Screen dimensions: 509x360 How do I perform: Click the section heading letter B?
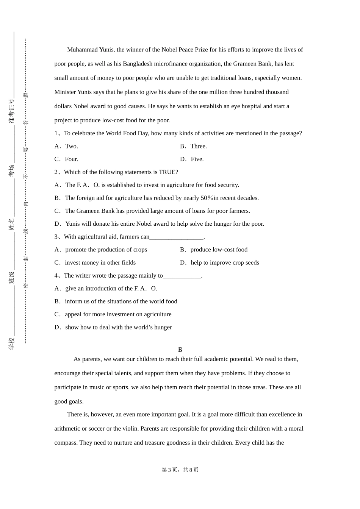tap(180, 350)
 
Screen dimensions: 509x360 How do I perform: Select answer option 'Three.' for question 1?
tap(198, 146)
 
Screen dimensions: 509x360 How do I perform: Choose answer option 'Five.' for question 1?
tap(197, 159)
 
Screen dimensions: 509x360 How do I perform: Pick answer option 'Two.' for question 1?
tap(71, 146)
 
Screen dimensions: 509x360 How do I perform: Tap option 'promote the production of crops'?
tap(106, 250)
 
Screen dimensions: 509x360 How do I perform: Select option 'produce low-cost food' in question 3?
tap(219, 250)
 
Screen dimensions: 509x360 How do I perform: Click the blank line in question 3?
tap(177, 238)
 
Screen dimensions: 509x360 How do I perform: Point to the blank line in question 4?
tap(182, 276)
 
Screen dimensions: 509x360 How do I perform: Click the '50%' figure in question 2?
tap(207, 198)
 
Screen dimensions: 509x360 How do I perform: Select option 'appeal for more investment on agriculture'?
tap(118, 314)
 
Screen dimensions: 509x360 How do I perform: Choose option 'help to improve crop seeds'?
tap(225, 262)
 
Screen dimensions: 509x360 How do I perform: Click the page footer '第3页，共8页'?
tap(180, 470)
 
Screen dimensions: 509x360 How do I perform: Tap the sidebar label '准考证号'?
tap(12, 111)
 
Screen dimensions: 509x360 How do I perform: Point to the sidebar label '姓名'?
tap(12, 224)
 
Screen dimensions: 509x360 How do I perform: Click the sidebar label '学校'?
tap(12, 343)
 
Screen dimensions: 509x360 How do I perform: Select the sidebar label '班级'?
tap(12, 277)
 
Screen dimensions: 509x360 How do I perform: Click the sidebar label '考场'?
tap(12, 170)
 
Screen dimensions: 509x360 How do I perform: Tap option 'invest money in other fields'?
tap(100, 262)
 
